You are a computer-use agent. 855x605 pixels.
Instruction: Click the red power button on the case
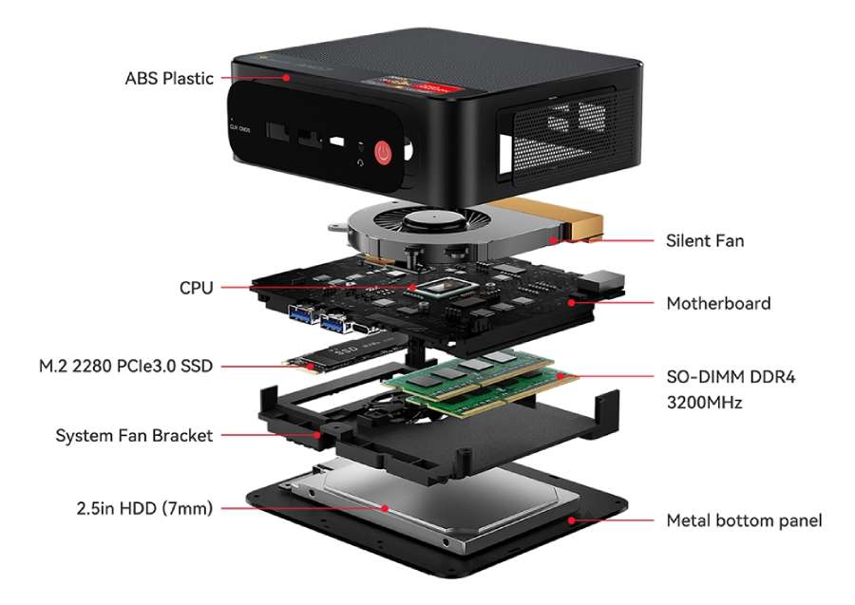click(384, 153)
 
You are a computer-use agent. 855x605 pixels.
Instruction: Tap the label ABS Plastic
click(169, 79)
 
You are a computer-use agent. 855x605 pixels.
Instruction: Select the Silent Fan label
click(705, 240)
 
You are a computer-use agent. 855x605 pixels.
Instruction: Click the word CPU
click(197, 288)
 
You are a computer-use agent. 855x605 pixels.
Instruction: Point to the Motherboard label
click(719, 303)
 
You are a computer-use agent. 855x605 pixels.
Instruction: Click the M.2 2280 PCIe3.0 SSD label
click(126, 366)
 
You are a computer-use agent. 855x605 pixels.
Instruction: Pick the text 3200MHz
click(705, 403)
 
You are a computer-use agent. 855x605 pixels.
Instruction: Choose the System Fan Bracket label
click(134, 436)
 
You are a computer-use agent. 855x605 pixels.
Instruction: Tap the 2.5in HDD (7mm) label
click(144, 508)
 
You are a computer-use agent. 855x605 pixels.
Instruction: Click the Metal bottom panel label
click(744, 520)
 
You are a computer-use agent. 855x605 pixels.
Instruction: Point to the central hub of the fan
click(433, 220)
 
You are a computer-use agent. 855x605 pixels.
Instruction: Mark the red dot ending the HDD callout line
click(385, 508)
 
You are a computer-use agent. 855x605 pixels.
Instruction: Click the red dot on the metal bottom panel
click(572, 520)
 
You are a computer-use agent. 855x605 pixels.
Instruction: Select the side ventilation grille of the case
click(559, 136)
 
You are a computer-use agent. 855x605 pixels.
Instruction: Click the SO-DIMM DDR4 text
click(731, 377)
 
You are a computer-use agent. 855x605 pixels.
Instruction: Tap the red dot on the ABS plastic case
click(286, 78)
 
